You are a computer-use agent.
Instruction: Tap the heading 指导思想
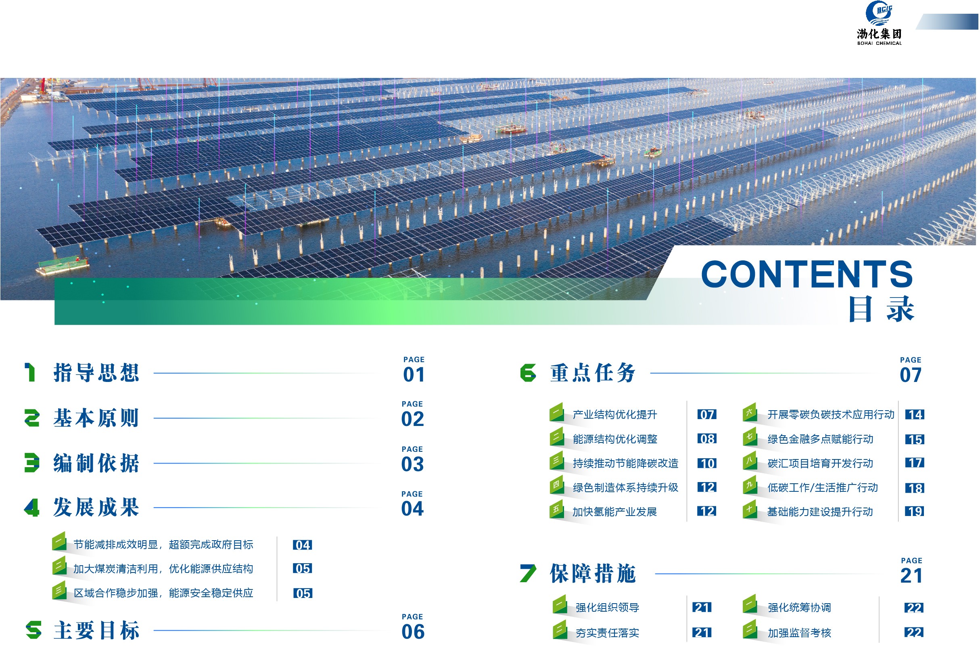[x=96, y=373]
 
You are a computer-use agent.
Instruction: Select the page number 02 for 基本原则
[x=413, y=419]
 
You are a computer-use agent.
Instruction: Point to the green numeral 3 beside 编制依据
[x=32, y=463]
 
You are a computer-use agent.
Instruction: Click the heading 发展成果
[x=96, y=507]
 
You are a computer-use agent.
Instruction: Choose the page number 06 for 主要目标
[x=413, y=631]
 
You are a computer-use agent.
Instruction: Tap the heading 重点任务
[x=593, y=373]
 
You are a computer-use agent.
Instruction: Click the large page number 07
[x=911, y=375]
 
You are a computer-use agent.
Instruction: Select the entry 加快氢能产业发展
[x=614, y=512]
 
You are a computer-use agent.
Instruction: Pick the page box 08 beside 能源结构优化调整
[x=706, y=439]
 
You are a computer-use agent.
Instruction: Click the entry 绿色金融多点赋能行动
[x=820, y=439]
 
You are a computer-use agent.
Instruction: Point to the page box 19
[x=914, y=512]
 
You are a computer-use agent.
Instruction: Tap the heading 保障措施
[x=593, y=573]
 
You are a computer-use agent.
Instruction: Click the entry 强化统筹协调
[x=799, y=608]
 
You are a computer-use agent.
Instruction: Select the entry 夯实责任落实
[x=607, y=633]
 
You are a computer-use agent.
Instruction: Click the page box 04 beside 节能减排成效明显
[x=302, y=545]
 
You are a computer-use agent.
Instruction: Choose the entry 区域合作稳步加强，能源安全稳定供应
[x=163, y=593]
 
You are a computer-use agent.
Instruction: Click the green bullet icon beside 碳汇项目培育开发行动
[x=750, y=461]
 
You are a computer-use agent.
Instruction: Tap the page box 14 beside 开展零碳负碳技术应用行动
[x=915, y=415]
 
